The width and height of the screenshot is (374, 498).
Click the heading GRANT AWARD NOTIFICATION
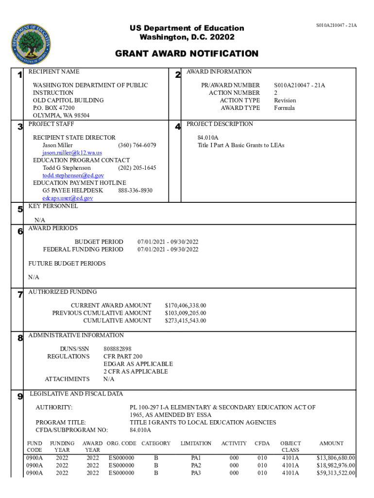coord(187,54)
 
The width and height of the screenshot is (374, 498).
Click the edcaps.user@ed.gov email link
coord(68,198)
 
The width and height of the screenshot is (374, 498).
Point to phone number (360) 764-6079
coord(137,145)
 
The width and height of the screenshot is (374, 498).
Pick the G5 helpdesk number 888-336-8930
coord(135,191)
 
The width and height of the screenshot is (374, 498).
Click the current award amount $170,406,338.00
coord(186,305)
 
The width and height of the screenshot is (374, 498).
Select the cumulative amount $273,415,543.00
coord(186,320)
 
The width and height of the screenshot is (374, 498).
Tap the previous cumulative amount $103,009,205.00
coord(186,313)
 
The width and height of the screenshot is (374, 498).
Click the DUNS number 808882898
coord(117,349)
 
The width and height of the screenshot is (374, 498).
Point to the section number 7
coord(20,295)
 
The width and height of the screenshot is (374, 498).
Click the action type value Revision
coord(285,100)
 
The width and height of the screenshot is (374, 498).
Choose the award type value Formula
coord(284,108)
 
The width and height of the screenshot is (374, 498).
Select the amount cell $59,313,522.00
coord(336,473)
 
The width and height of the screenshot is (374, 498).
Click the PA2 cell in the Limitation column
coord(196,465)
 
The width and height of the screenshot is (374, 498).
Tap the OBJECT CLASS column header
coord(290,446)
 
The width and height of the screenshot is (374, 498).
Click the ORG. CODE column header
coord(121,444)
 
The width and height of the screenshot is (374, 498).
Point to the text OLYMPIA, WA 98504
coord(61,116)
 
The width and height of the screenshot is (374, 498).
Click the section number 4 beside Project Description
coord(178,127)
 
